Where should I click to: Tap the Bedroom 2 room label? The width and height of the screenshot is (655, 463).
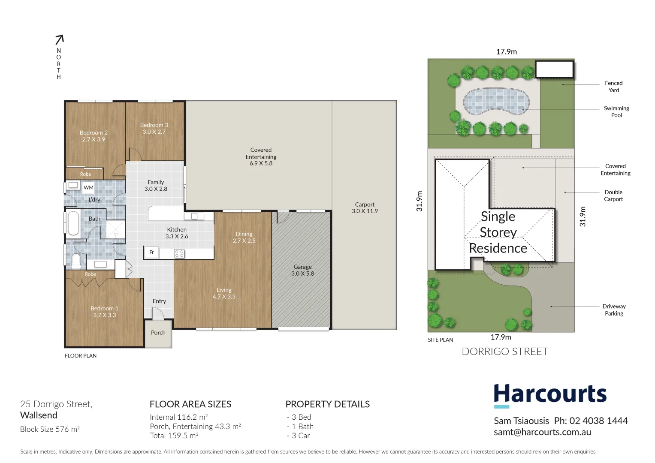pos(94,136)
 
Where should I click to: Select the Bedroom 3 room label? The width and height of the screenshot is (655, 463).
pos(154,128)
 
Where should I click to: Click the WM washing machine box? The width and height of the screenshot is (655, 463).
pos(88,187)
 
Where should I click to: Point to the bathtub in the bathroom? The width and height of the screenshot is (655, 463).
pos(73,223)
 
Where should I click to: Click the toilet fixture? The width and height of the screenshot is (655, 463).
pos(76,261)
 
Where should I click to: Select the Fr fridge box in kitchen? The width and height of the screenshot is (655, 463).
pos(151,253)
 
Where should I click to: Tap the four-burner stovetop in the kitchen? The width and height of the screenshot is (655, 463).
pos(179,254)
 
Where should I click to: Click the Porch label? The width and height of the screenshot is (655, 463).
pos(158,333)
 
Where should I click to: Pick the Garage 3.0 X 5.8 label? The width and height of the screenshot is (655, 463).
pos(302,270)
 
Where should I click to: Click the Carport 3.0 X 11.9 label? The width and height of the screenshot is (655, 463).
pos(365,207)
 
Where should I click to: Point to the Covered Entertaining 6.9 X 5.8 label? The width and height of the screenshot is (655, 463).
pos(261,156)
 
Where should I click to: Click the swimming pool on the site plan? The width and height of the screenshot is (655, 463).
pos(496,102)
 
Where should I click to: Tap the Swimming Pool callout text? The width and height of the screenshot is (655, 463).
pos(616,111)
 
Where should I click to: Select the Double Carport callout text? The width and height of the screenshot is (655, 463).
pos(613,195)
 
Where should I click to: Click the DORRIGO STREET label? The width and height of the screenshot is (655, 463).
pos(505,352)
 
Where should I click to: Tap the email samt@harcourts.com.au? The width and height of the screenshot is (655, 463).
pos(542,432)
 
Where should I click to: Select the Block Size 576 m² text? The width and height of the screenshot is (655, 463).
pos(50,429)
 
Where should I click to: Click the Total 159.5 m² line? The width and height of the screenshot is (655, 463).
pos(174,436)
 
